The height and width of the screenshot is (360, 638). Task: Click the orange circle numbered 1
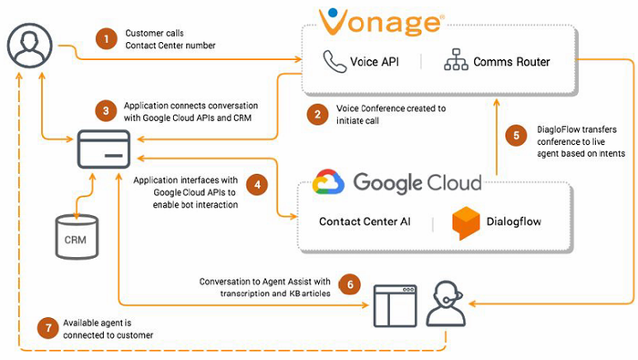coord(107,38)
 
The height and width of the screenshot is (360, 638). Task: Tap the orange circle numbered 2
coord(318,115)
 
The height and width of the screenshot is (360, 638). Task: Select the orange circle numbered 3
coord(107,111)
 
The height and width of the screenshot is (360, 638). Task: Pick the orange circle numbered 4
coord(260,185)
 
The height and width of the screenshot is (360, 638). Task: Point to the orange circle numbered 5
coord(517,135)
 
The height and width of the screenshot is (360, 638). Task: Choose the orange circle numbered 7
coord(50,326)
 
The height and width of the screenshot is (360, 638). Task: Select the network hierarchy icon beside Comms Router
coord(454,62)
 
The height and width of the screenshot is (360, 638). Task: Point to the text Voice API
coord(377,62)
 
